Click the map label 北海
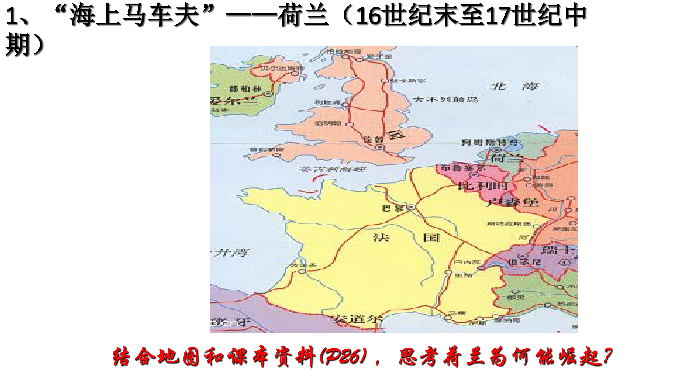click(513, 86)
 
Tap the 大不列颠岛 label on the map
click(445, 100)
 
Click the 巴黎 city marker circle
click(411, 207)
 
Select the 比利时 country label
click(484, 186)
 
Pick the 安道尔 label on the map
click(358, 319)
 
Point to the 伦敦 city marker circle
click(380, 147)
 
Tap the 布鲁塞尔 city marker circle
click(474, 175)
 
